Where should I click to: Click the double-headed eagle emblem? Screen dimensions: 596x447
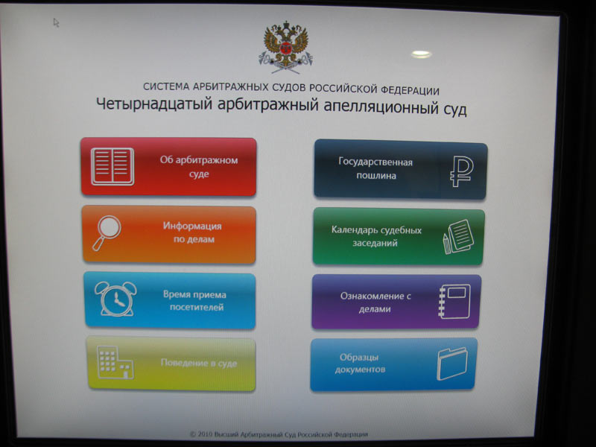(286, 48)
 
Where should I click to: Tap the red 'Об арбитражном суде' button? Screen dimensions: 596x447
(168, 166)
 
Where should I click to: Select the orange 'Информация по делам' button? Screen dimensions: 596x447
(169, 234)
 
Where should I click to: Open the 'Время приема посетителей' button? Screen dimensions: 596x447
(170, 300)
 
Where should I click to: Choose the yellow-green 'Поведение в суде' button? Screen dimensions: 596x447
(171, 364)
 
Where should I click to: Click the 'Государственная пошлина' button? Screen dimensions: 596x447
(400, 169)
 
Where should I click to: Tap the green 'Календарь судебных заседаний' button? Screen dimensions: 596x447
(399, 236)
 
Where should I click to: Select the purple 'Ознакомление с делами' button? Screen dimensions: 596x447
(396, 302)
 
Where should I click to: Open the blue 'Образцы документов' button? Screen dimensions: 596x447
(394, 364)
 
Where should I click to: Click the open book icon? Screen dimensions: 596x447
(112, 166)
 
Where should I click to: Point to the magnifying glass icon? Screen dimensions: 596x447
(107, 232)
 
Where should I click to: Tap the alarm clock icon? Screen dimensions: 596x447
(115, 299)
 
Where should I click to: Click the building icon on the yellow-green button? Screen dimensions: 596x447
(115, 362)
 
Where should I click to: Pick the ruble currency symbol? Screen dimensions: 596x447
(461, 171)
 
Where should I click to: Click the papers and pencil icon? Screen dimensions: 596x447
(458, 236)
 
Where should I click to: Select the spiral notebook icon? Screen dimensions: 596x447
(454, 302)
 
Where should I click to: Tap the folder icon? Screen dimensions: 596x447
(452, 364)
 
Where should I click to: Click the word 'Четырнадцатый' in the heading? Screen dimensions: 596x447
(154, 104)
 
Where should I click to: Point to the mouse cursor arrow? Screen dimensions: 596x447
(57, 23)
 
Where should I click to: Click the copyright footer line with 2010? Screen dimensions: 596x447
(279, 434)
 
